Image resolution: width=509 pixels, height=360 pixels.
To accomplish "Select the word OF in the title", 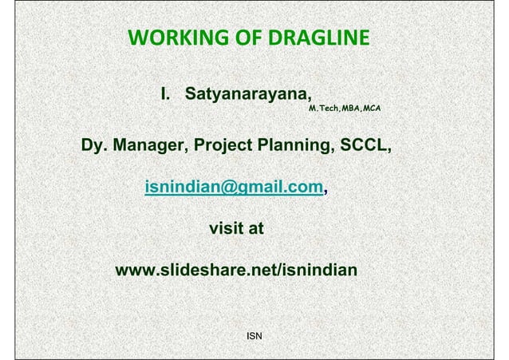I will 239,38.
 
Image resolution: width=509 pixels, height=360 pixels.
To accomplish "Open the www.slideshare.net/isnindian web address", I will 237,271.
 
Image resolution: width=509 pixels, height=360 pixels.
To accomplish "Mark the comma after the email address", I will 326,192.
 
